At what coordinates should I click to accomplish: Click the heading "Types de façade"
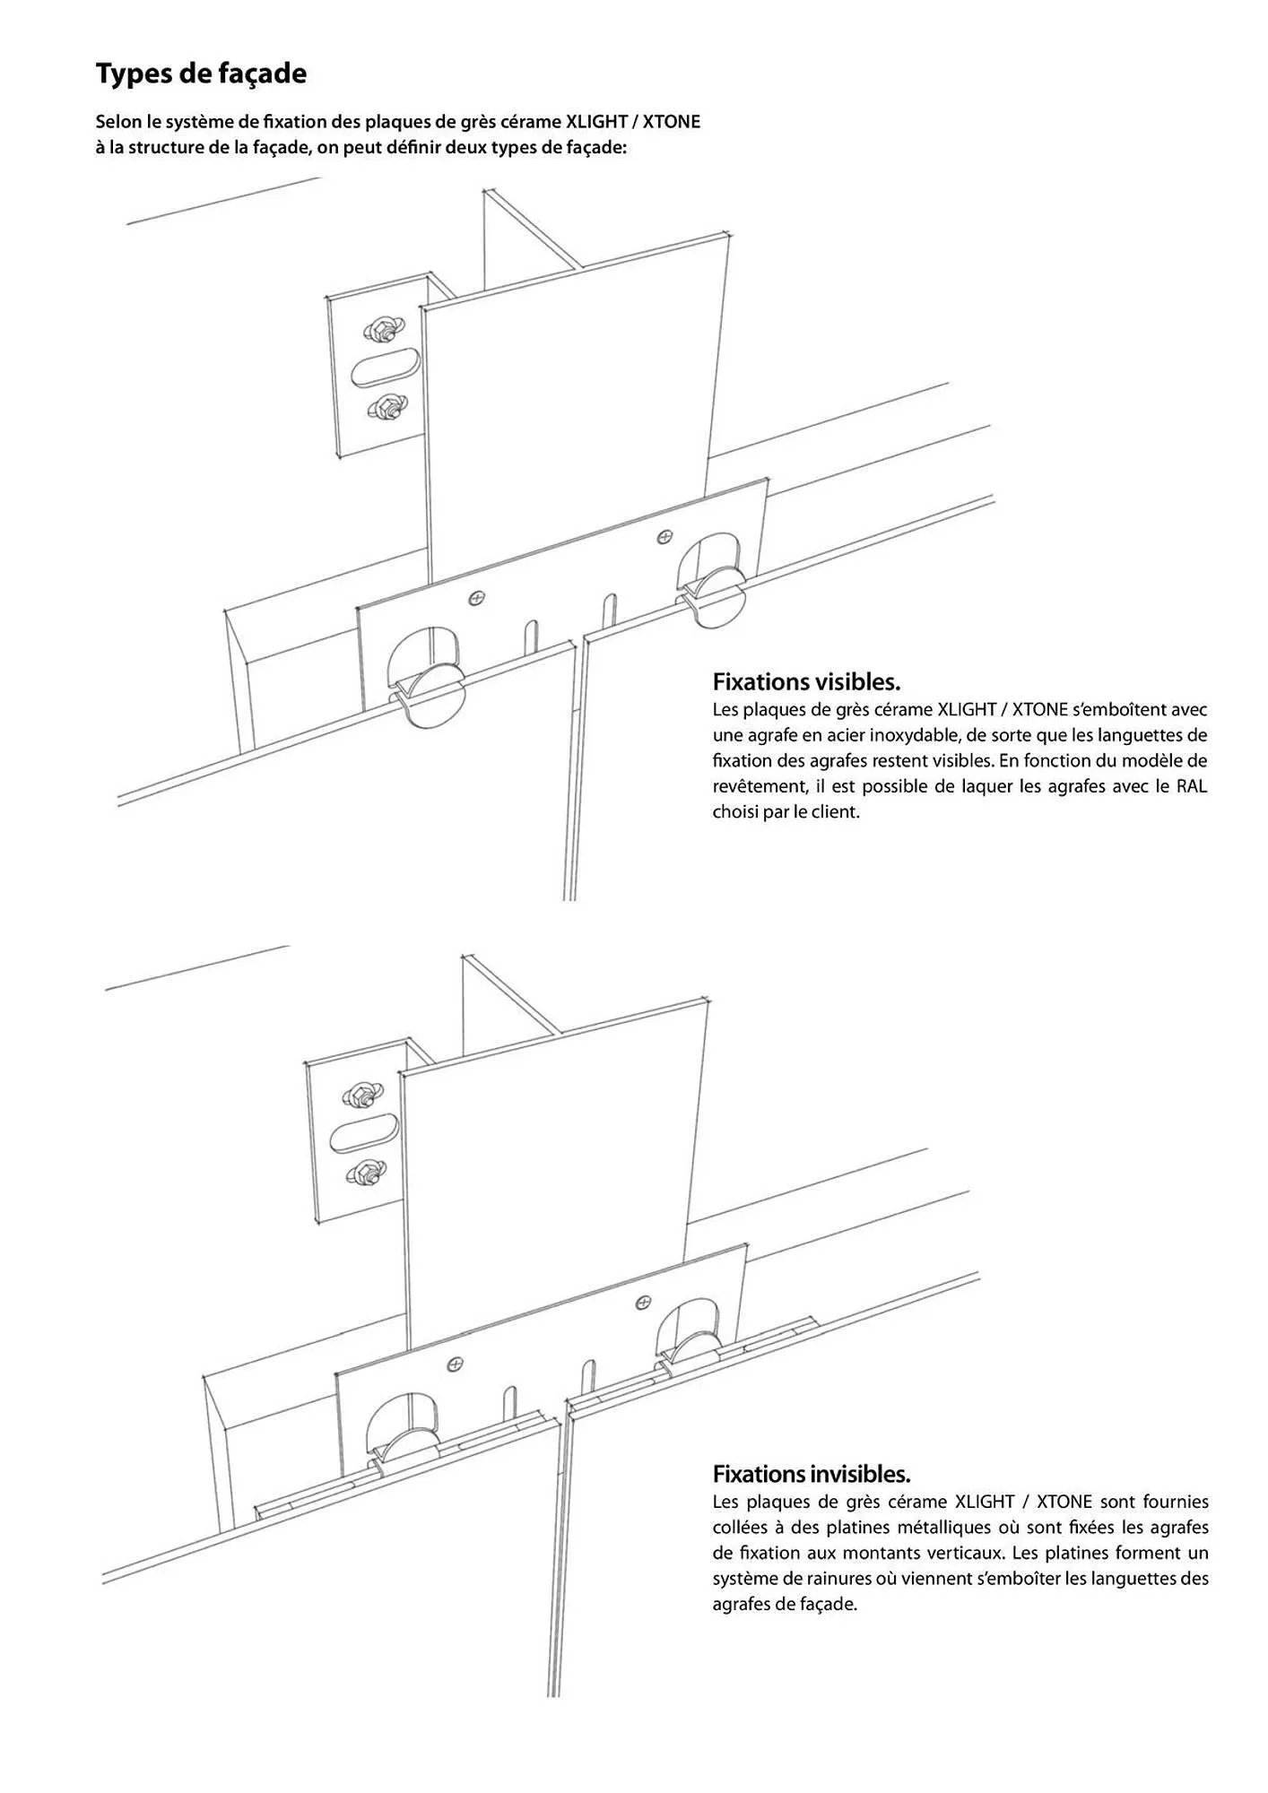click(x=201, y=74)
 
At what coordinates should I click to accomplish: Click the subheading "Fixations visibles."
click(x=806, y=681)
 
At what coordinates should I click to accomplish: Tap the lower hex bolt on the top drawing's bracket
click(x=384, y=409)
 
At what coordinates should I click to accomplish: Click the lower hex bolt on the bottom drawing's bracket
click(x=362, y=1170)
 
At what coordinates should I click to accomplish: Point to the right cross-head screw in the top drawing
click(x=664, y=536)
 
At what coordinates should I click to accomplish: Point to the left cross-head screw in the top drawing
click(x=477, y=595)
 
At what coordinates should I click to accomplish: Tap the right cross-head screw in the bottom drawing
click(x=643, y=1302)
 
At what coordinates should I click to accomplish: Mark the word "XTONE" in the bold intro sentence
click(x=672, y=121)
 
